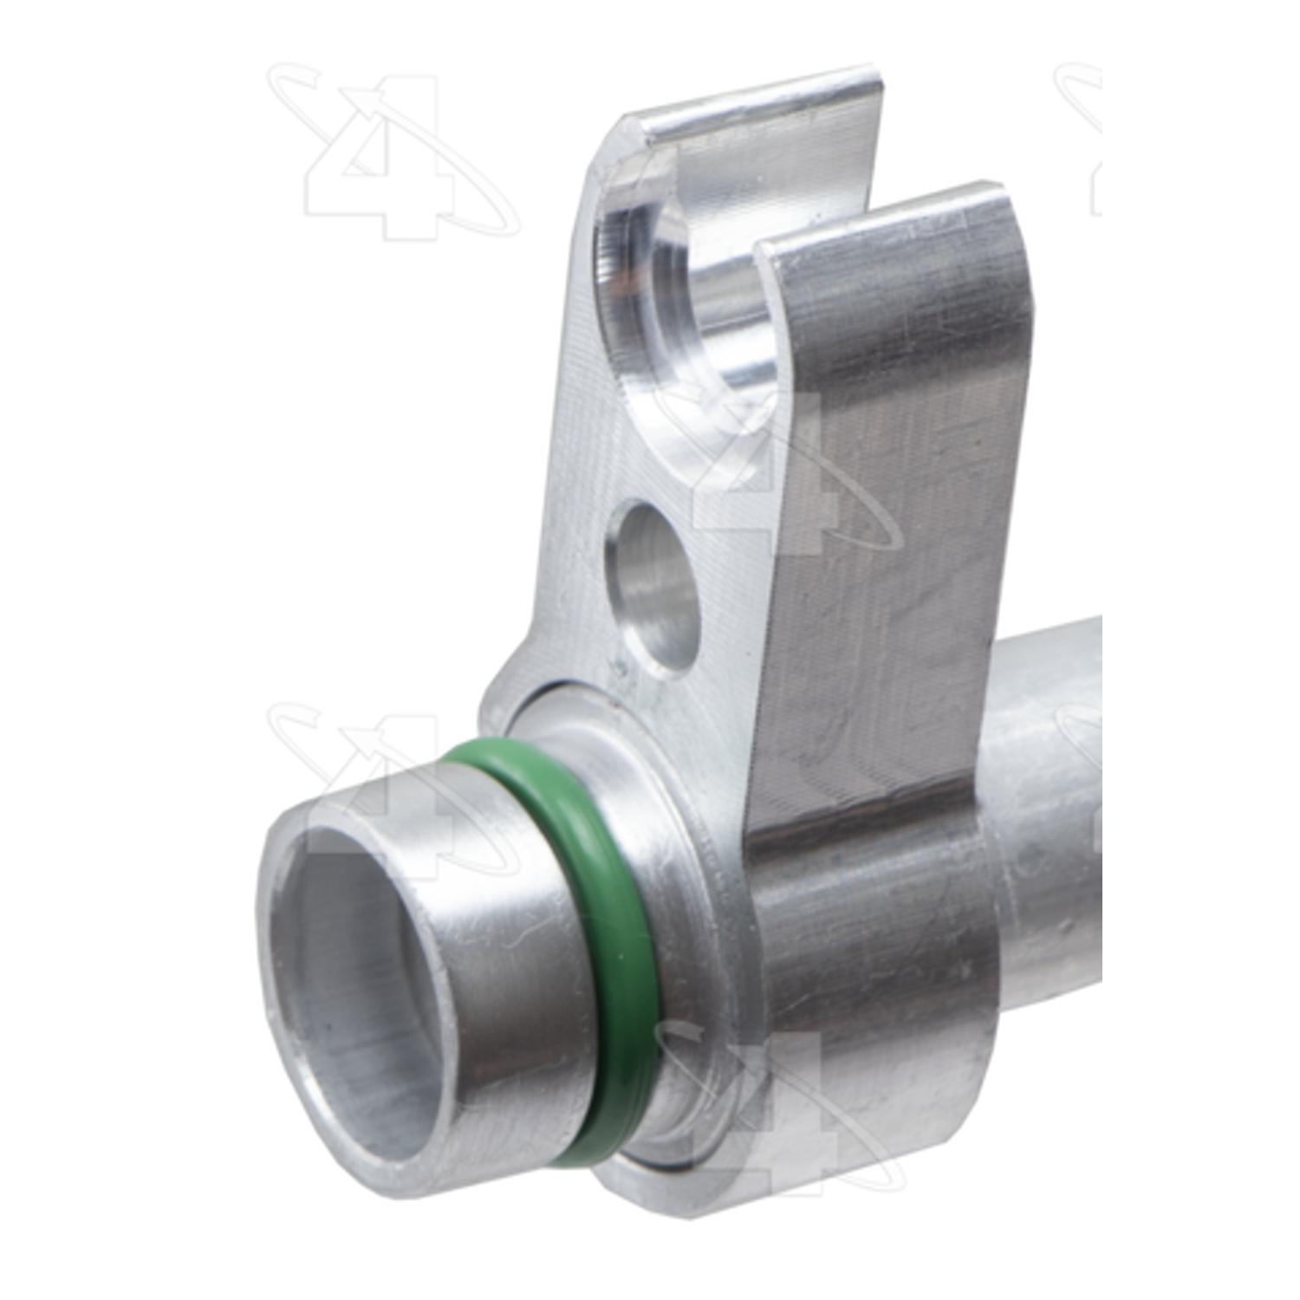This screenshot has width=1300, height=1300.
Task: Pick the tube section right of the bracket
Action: coord(1040,823)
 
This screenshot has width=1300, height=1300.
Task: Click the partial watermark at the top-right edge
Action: coord(1079,139)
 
